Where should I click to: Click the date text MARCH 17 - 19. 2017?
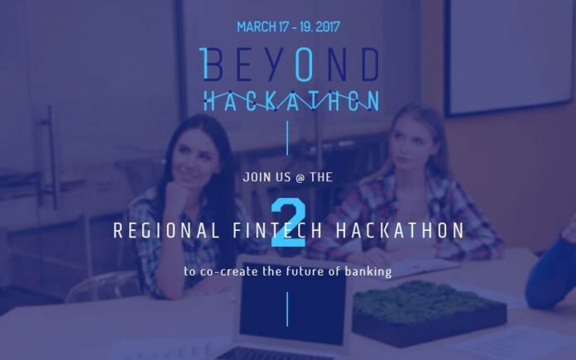[288, 26]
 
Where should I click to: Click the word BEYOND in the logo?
[289, 65]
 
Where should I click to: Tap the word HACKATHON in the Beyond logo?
[291, 101]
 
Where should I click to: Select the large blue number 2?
[288, 223]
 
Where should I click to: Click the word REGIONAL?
[167, 230]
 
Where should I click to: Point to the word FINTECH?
[278, 230]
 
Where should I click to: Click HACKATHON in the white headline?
[400, 230]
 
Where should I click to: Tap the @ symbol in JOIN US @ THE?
[300, 177]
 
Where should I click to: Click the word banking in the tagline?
[368, 271]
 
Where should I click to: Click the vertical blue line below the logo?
[287, 138]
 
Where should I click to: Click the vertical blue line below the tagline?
[287, 310]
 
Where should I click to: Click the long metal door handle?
[52, 157]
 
